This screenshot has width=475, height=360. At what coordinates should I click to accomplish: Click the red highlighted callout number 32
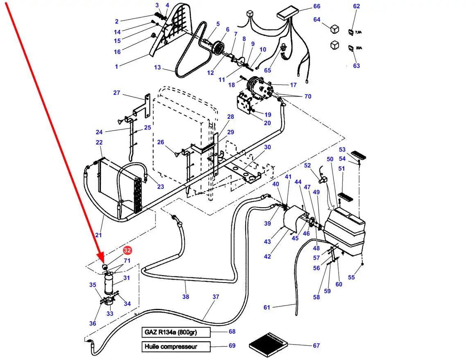point(127,250)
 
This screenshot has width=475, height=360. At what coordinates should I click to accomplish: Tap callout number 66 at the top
point(316,6)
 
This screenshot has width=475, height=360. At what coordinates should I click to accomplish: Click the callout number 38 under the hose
point(185,297)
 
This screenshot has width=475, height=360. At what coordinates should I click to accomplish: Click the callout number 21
point(98,235)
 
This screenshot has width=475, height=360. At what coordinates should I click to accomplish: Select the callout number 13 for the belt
point(158,68)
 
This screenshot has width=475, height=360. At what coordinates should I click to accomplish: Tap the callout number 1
point(116,66)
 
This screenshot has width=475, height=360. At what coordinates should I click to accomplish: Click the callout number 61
point(267,307)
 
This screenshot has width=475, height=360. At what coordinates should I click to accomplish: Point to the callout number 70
point(308,97)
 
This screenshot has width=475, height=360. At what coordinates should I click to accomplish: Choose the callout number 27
point(116,93)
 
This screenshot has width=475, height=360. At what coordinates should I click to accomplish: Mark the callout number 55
point(351,277)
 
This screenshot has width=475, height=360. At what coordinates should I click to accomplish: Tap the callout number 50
point(330,159)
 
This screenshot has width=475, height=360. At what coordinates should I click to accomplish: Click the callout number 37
point(216,297)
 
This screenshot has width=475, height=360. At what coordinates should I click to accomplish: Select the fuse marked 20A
point(351,48)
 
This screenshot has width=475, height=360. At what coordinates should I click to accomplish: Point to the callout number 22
point(99,143)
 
